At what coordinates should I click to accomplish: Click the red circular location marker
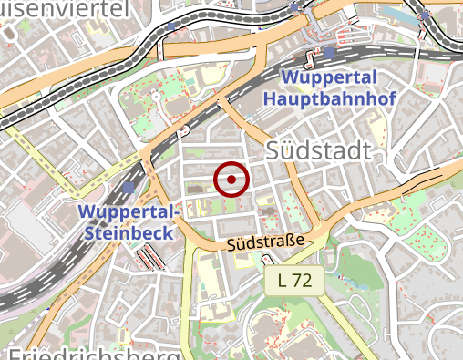point(231,180)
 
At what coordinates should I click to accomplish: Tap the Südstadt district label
point(319,151)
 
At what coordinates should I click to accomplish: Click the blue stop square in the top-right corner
point(424,15)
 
